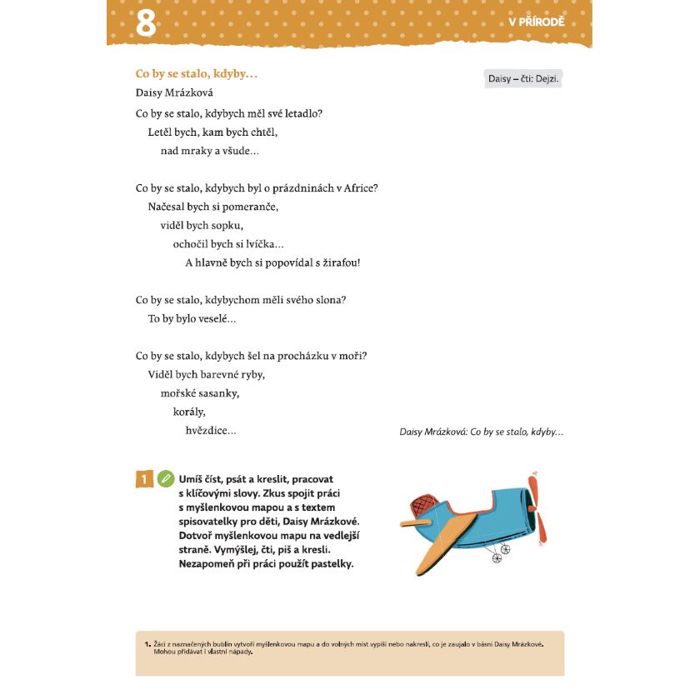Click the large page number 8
click(146, 23)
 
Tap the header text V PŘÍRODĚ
click(536, 22)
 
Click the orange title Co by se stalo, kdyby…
click(197, 74)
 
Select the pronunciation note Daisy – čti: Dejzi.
click(523, 79)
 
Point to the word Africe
click(359, 187)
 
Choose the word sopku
click(227, 225)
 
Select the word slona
click(328, 300)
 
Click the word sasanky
click(220, 393)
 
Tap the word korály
click(189, 412)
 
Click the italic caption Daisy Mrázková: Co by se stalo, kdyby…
click(482, 432)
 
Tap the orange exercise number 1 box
click(144, 479)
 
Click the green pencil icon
click(165, 479)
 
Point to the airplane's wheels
click(501, 552)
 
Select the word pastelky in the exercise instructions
click(327, 564)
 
